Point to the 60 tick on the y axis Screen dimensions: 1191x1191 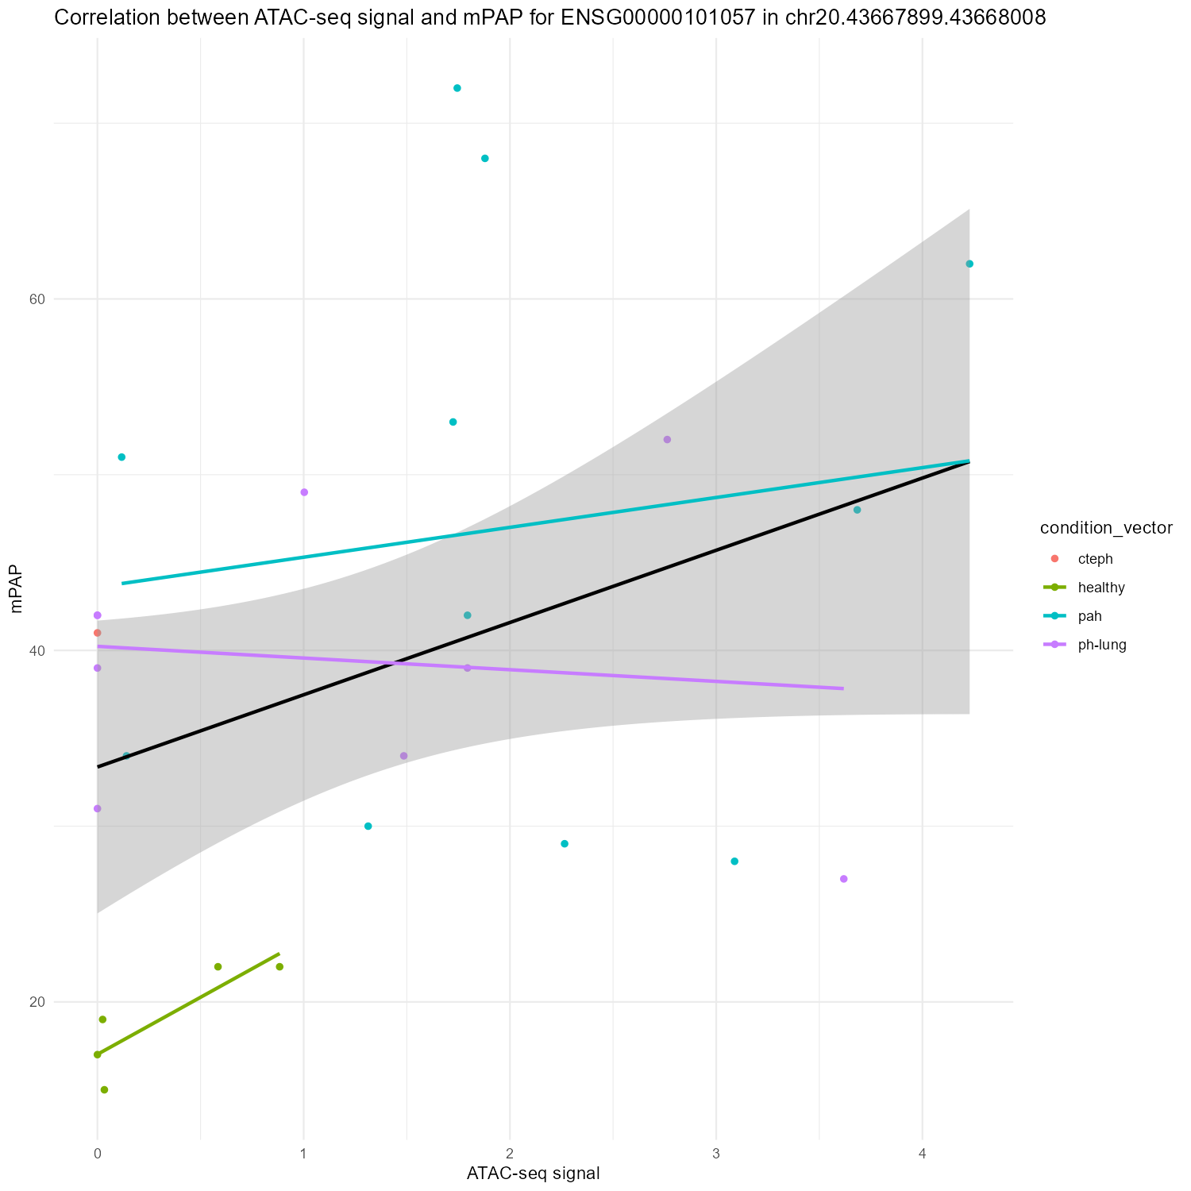tap(36, 299)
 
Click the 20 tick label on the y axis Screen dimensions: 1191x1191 tap(36, 1002)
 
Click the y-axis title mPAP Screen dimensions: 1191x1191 tap(17, 592)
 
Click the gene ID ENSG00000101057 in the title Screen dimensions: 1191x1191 tap(653, 18)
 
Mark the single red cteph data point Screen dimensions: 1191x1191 tap(98, 633)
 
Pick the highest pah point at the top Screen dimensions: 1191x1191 tap(457, 88)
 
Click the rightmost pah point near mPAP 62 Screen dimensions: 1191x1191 tap(969, 264)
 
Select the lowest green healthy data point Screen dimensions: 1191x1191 tap(104, 1089)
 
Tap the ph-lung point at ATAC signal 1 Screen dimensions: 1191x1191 tap(304, 492)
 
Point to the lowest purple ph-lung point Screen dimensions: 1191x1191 tap(843, 879)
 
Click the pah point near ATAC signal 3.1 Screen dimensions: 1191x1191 tap(734, 861)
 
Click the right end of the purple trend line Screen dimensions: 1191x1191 tap(842, 688)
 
